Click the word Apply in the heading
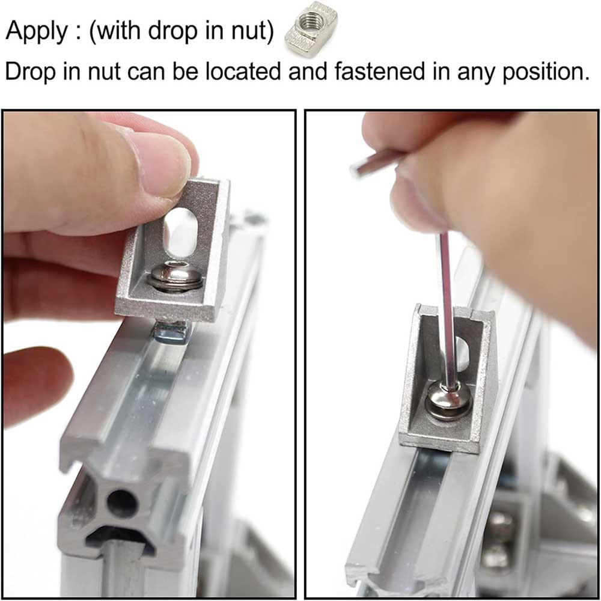point(37,31)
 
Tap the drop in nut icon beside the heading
point(311,29)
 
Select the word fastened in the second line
point(379,72)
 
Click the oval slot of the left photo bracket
point(180,231)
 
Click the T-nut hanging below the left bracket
point(172,332)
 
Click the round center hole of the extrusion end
point(123,502)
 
